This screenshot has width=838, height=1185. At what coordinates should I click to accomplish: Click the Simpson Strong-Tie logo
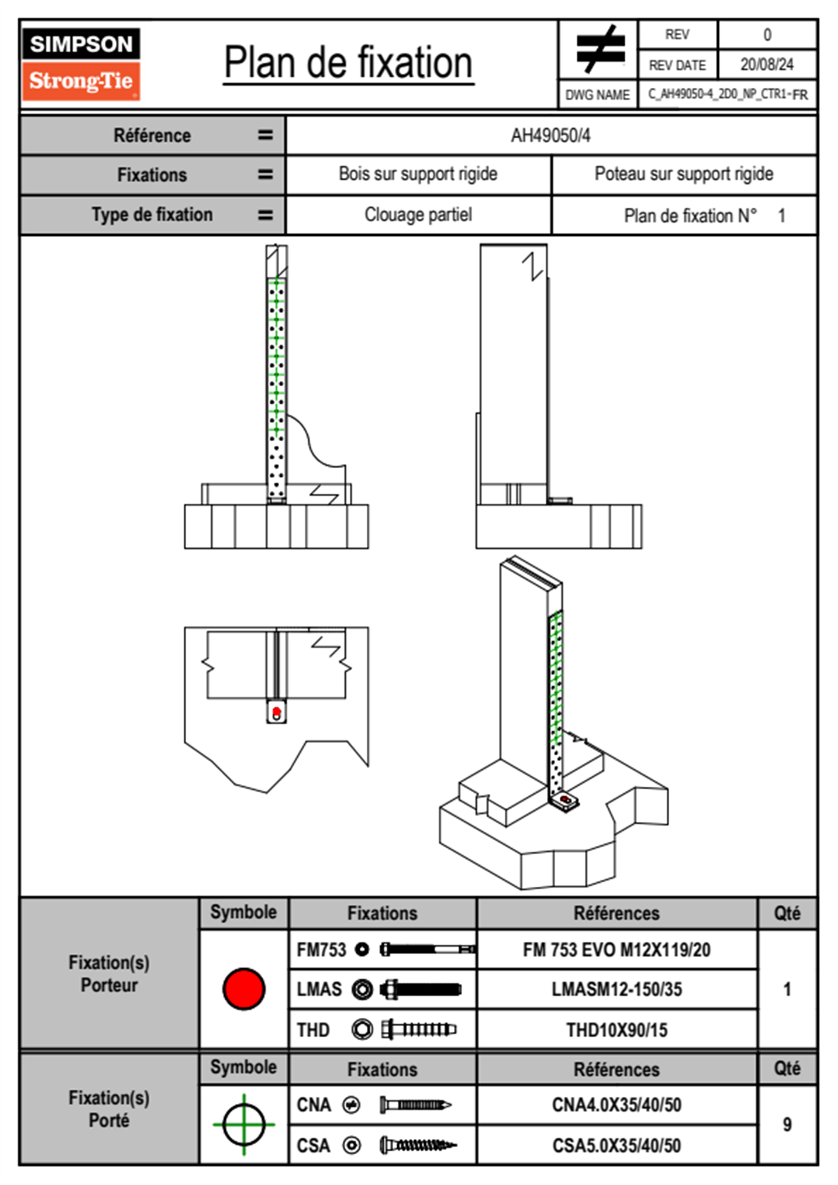click(x=81, y=64)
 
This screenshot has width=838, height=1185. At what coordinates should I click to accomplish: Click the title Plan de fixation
click(x=348, y=63)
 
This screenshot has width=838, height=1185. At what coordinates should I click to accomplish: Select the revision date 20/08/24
click(x=766, y=65)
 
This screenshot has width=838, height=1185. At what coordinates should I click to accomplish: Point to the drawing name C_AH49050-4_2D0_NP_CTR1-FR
click(x=727, y=94)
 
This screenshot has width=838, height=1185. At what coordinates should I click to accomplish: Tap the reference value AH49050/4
click(x=551, y=136)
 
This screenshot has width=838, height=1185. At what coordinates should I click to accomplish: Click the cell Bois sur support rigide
click(x=418, y=174)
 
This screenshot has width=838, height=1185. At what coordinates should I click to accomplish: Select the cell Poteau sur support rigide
click(x=683, y=174)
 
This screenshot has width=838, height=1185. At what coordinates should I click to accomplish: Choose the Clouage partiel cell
click(x=418, y=215)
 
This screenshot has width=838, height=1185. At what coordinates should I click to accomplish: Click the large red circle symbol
click(x=244, y=988)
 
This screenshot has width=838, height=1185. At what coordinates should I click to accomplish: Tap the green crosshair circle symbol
click(x=244, y=1124)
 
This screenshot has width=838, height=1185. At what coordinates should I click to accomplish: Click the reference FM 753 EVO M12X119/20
click(x=616, y=950)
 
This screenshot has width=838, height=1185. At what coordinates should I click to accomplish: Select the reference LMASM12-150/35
click(x=616, y=989)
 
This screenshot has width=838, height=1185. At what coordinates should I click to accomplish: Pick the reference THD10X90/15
click(x=616, y=1030)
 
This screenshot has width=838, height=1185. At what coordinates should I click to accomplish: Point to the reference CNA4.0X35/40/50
click(x=616, y=1105)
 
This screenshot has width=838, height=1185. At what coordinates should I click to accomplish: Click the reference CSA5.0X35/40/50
click(x=616, y=1146)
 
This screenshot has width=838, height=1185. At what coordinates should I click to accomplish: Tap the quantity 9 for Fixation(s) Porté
click(x=787, y=1124)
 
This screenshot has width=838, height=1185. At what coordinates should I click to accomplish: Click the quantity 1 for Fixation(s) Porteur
click(x=787, y=989)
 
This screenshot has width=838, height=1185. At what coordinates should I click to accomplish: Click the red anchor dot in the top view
click(x=277, y=712)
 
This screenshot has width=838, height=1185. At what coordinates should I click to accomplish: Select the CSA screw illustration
click(x=418, y=1146)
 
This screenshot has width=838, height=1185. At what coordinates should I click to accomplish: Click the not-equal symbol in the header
click(x=599, y=49)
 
